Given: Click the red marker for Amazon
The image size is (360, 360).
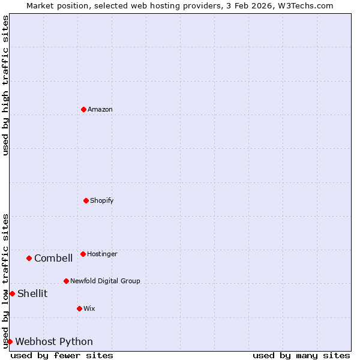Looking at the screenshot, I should click(x=84, y=109).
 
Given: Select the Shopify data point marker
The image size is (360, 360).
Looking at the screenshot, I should click(x=86, y=200).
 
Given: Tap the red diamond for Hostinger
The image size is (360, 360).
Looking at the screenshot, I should click(x=83, y=254).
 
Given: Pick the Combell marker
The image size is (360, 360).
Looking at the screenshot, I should click(x=29, y=258).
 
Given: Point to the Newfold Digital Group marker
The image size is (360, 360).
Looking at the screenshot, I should click(x=66, y=281).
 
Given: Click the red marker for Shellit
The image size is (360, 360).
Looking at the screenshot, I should click(x=12, y=293).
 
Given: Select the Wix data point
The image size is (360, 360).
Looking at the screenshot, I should click(x=79, y=308).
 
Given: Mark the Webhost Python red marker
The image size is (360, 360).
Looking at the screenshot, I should click(x=10, y=341).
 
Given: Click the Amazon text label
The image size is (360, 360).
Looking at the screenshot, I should click(x=100, y=109).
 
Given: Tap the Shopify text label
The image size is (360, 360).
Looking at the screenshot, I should click(x=102, y=200).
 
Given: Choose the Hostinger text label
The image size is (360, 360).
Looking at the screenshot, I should click(x=102, y=254).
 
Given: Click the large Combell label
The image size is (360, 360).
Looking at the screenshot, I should click(x=53, y=258).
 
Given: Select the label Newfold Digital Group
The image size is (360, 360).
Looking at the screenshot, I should click(x=105, y=281).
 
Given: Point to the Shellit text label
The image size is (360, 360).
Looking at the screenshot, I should click(x=32, y=293).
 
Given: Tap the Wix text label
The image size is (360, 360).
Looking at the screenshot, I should click(x=89, y=308).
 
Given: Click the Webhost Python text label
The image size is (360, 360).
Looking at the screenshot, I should click(x=54, y=341).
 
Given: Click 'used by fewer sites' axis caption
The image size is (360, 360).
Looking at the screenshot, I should click(x=62, y=355).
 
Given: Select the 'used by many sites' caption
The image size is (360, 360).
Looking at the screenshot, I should click(x=301, y=355).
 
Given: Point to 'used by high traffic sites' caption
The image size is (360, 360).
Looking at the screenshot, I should click(x=5, y=85).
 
